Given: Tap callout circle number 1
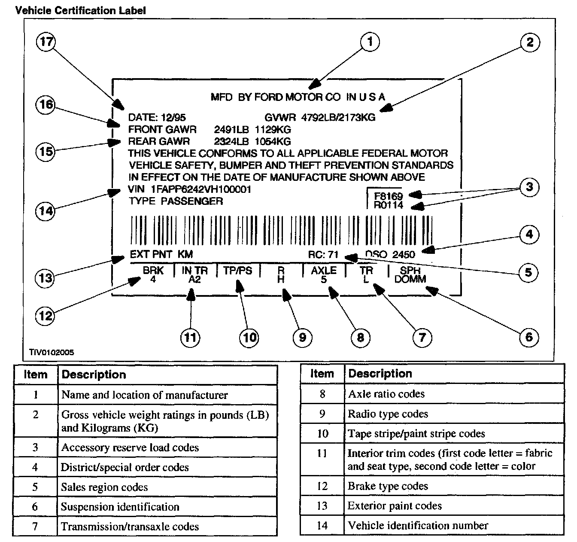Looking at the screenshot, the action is click(x=370, y=42).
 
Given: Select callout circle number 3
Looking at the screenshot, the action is click(x=529, y=187).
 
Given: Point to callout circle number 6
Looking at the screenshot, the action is click(x=529, y=337).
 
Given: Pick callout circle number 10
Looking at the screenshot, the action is click(x=249, y=338).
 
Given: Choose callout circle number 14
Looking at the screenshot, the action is click(x=46, y=211).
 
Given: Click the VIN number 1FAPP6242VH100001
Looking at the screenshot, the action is click(x=201, y=189).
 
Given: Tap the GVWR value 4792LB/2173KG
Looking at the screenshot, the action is click(x=338, y=117).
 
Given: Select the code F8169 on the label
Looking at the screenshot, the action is click(x=388, y=197).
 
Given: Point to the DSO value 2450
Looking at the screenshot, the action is click(x=404, y=254).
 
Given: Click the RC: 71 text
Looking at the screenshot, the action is click(x=323, y=254).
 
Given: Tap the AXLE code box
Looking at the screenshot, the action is click(x=324, y=275).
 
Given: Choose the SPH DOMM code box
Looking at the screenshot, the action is click(x=410, y=275).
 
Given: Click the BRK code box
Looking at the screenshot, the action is click(x=153, y=275).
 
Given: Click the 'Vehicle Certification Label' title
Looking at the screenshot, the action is click(x=81, y=10).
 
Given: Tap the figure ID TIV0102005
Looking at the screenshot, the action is click(x=52, y=353).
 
